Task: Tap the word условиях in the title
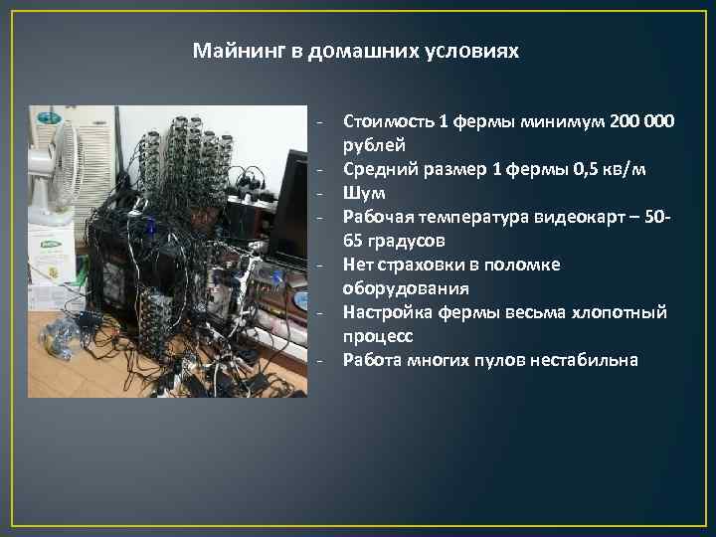tap(476, 50)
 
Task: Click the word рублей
tap(370, 146)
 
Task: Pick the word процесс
tap(378, 336)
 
